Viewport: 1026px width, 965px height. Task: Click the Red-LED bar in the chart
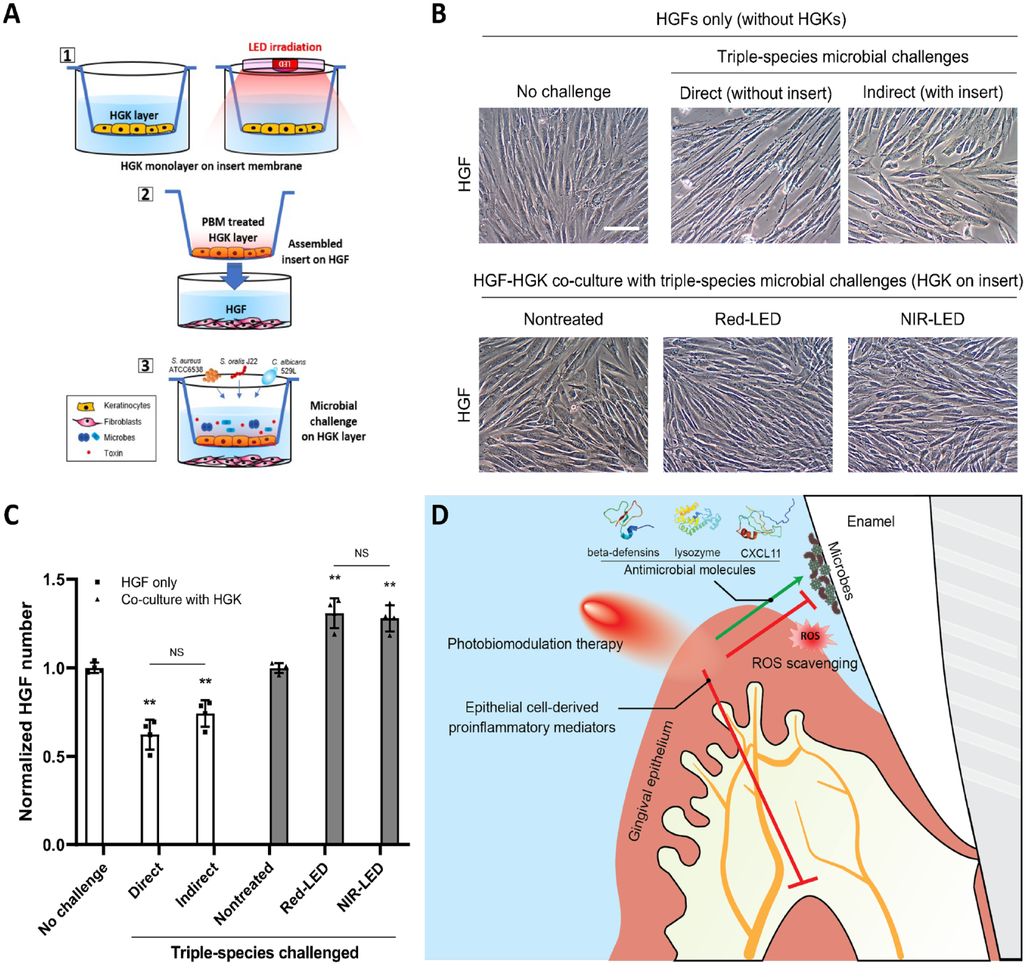(334, 729)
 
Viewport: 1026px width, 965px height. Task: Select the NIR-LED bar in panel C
(390, 731)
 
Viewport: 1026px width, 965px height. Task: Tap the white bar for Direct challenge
(150, 789)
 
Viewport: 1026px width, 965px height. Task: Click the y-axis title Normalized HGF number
(25, 711)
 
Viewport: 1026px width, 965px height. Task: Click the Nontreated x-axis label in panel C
(244, 892)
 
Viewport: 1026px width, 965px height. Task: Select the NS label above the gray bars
(361, 553)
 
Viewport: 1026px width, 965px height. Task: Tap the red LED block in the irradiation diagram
(284, 64)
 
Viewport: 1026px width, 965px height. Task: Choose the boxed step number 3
(146, 365)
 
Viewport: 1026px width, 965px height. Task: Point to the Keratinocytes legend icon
(85, 406)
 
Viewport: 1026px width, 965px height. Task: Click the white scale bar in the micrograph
(621, 228)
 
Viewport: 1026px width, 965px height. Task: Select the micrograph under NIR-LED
(932, 404)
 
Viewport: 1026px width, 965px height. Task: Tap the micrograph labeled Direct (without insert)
(755, 175)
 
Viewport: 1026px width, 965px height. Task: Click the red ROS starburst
(811, 636)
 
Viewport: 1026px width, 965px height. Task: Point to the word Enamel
(871, 521)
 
